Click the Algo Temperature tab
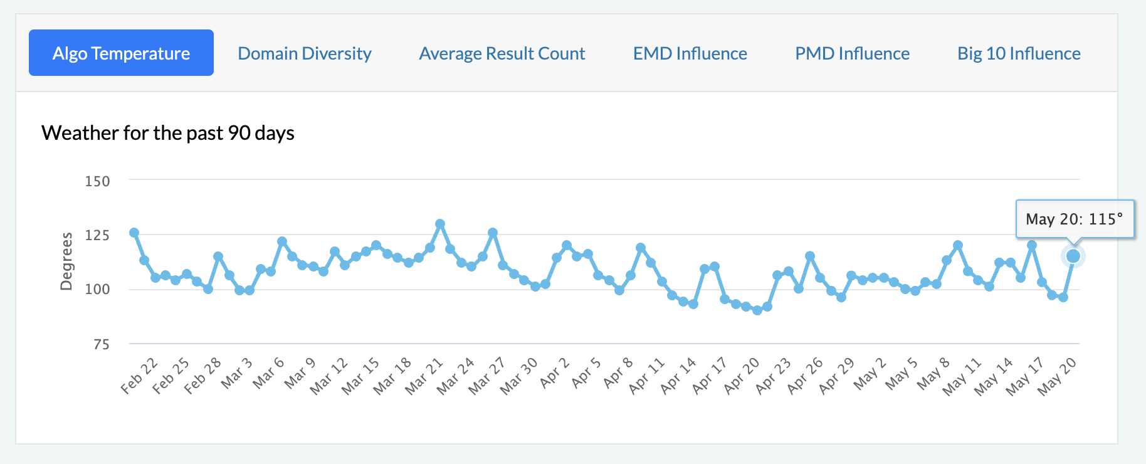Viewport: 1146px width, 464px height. (121, 53)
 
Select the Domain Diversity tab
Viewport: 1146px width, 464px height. (305, 53)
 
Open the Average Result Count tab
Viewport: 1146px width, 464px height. (502, 53)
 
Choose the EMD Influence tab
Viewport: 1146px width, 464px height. (690, 53)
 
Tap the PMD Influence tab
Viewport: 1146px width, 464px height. (852, 53)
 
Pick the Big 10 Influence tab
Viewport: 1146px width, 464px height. (1019, 53)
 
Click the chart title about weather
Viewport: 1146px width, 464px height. (168, 133)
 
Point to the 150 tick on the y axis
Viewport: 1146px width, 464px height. (97, 181)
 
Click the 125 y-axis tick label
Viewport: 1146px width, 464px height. (97, 235)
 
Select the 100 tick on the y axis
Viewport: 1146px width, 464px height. (97, 289)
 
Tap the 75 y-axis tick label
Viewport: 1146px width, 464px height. (101, 344)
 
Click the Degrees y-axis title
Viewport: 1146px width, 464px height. (66, 261)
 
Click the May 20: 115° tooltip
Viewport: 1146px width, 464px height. (1075, 219)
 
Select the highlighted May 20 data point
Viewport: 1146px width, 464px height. (1073, 256)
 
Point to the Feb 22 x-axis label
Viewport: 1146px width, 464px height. (139, 376)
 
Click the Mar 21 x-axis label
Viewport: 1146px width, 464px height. (424, 376)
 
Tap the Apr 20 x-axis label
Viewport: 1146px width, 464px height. (742, 376)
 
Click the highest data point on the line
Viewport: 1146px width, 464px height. (440, 224)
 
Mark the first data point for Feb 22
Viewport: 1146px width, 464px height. (134, 233)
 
